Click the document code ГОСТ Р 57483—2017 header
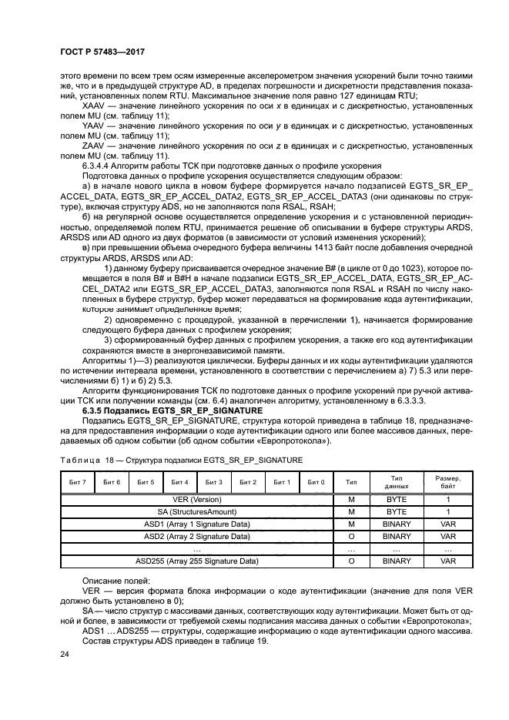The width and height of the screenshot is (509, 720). point(102,52)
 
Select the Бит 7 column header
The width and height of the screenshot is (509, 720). point(77,481)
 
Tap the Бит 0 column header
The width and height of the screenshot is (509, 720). point(316,481)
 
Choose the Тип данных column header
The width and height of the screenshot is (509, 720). point(397,481)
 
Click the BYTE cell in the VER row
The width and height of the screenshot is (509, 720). point(397,499)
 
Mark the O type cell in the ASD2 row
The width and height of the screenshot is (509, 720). point(352,536)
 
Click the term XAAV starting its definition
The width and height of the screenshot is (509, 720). point(93,105)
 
